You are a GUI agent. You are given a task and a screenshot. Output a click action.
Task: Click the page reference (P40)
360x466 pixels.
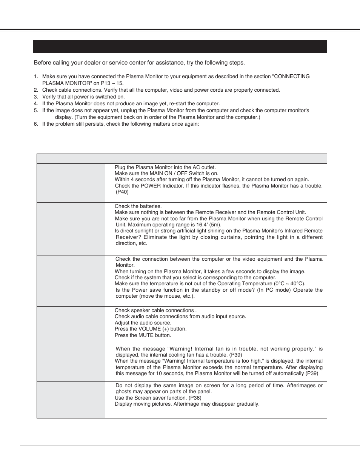(x=122, y=192)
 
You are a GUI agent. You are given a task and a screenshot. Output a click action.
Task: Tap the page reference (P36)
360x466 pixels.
(x=194, y=398)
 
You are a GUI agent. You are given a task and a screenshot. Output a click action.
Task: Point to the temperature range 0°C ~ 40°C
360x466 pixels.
(x=289, y=284)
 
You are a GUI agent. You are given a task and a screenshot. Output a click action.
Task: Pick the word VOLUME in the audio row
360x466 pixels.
(x=149, y=329)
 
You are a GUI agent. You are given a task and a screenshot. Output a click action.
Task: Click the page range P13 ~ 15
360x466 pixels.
(x=112, y=83)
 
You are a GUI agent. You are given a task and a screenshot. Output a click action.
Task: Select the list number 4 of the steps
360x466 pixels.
(x=36, y=103)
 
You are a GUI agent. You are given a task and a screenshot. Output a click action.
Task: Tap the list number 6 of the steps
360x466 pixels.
(x=36, y=124)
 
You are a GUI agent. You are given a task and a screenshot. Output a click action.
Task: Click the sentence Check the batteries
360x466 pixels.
(x=138, y=206)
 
